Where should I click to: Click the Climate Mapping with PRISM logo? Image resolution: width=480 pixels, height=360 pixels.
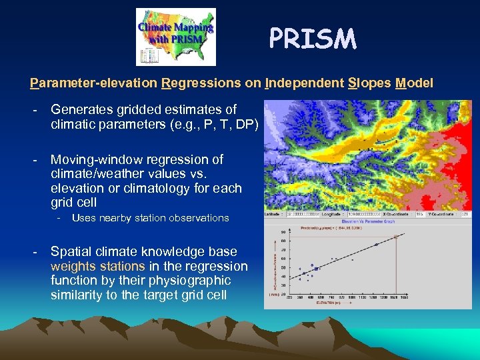click(x=176, y=37)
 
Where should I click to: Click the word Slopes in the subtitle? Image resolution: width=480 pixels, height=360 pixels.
click(x=369, y=83)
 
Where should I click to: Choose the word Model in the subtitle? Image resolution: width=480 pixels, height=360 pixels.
click(x=414, y=83)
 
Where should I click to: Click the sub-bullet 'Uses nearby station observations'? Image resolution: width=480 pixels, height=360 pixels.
click(x=150, y=218)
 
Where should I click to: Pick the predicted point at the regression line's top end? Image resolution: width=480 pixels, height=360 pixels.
click(x=396, y=237)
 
